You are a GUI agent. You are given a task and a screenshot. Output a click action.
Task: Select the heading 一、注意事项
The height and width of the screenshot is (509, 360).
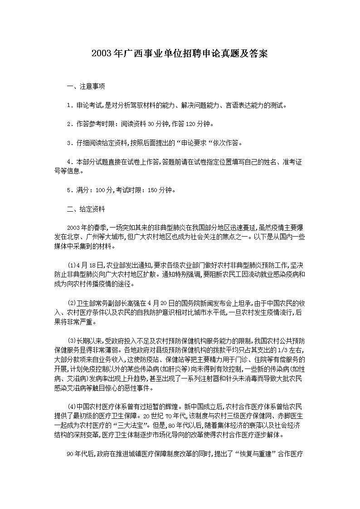point(86,87)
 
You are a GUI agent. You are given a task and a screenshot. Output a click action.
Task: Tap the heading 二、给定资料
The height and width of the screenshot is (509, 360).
point(86,209)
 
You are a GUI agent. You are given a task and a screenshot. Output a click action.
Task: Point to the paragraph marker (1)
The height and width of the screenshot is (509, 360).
point(71,265)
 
